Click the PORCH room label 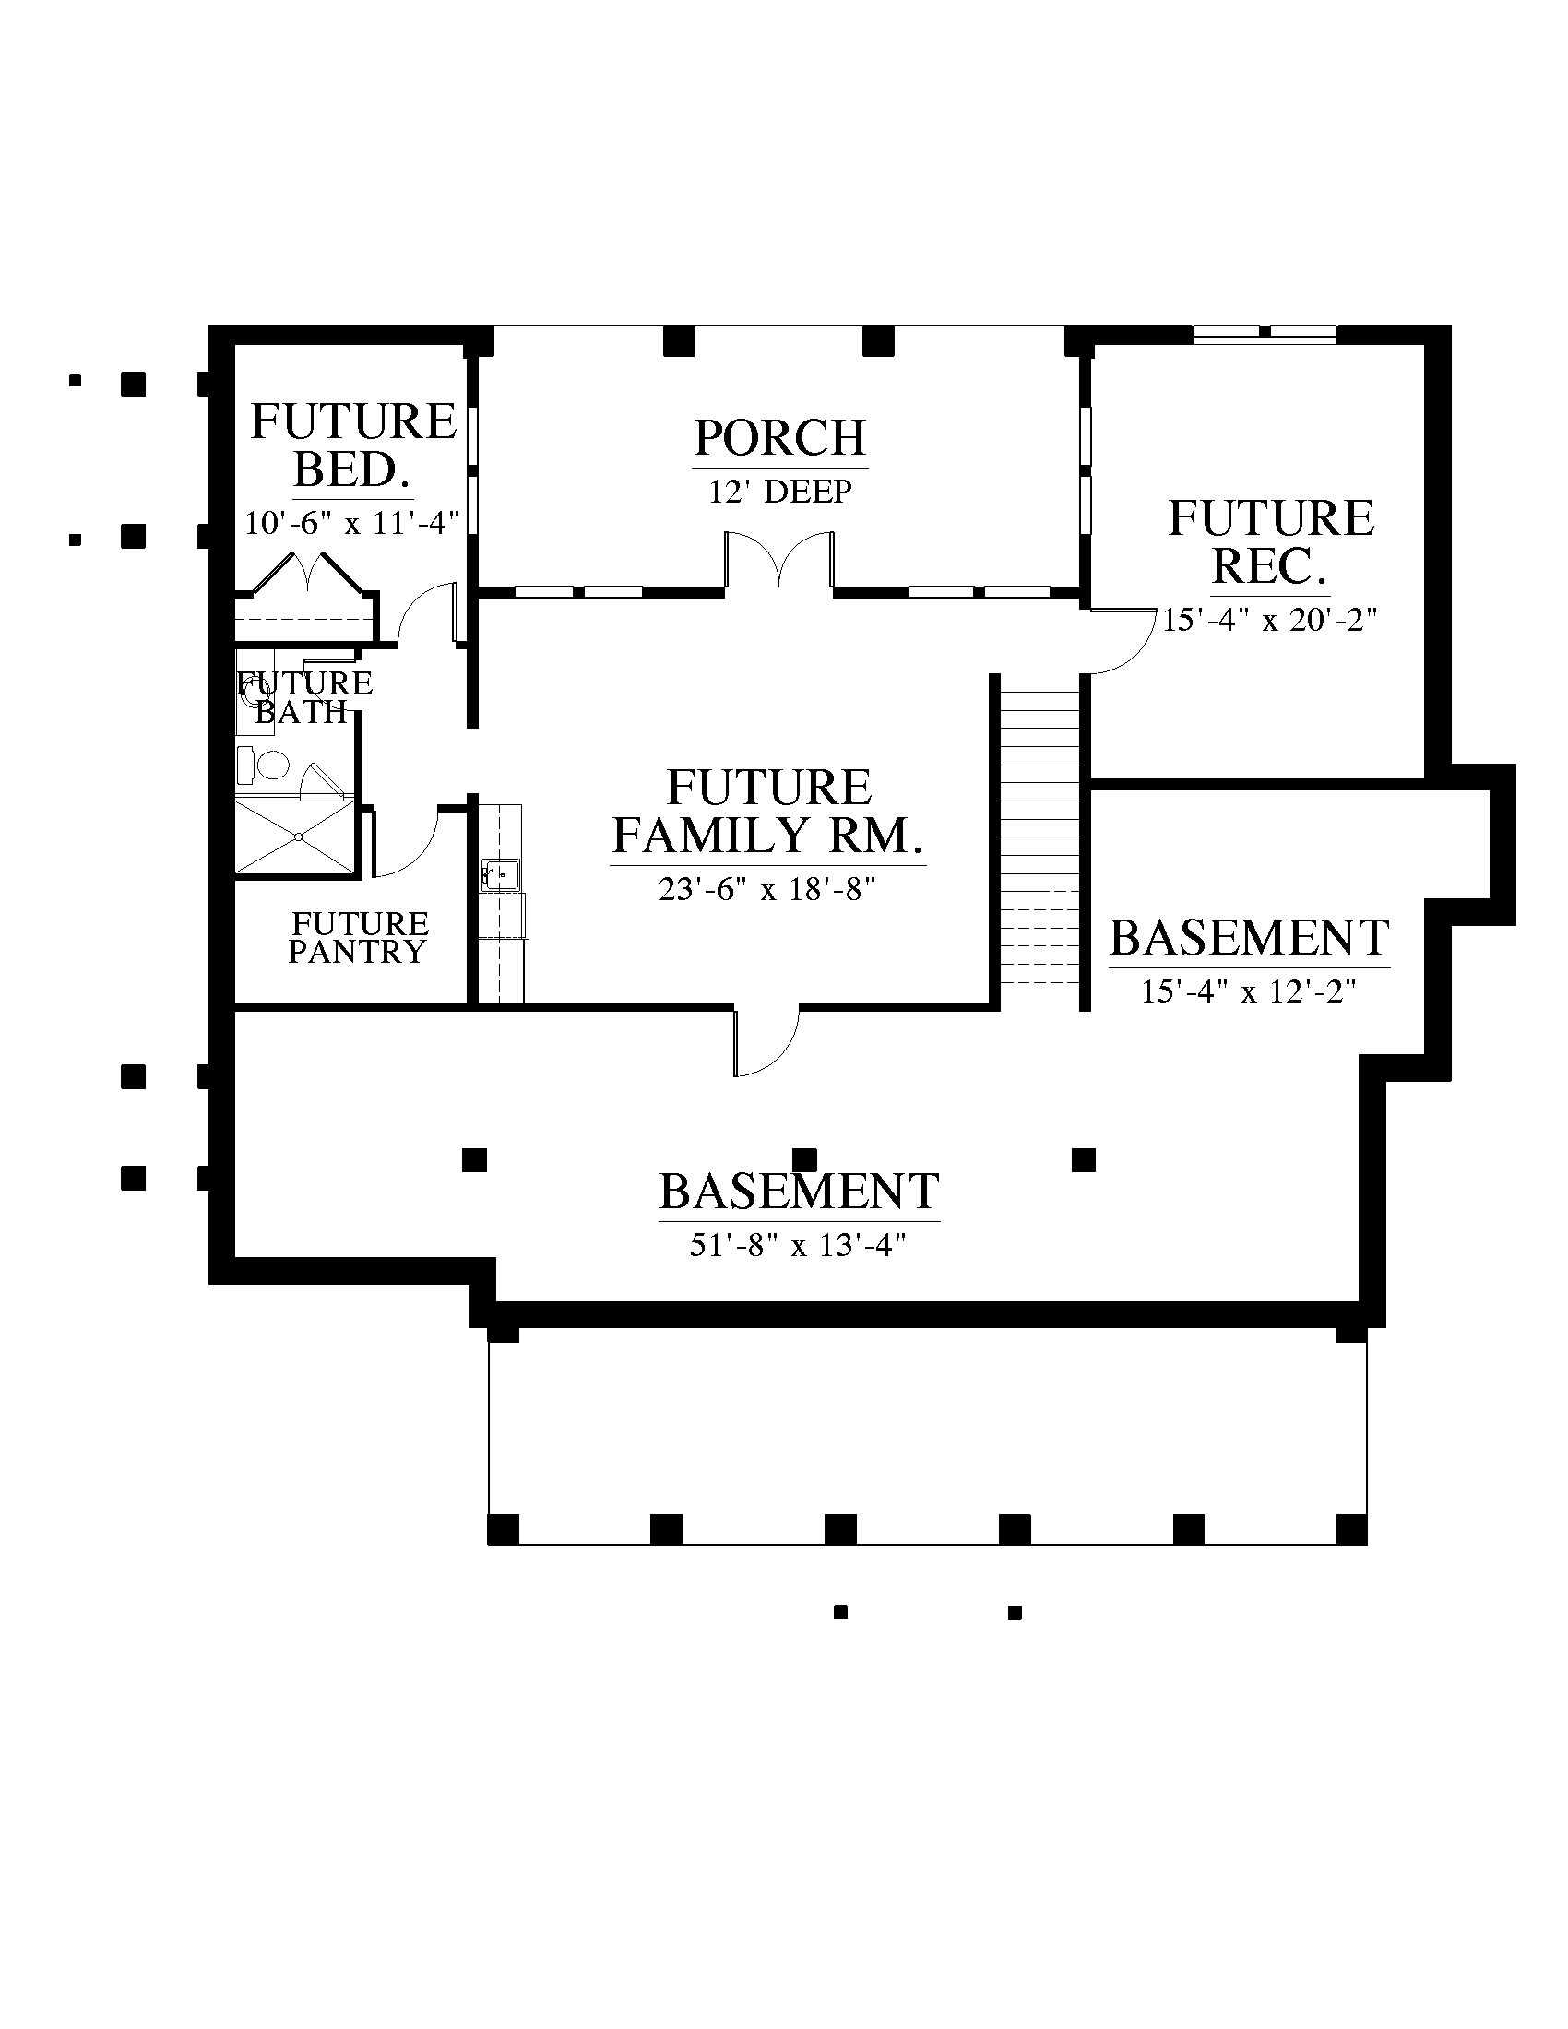coord(780,438)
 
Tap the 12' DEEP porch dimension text coord(780,492)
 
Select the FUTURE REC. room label coord(1271,542)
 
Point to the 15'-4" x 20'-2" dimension coord(1270,620)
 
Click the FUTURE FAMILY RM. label coord(768,812)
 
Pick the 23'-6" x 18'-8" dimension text coord(768,890)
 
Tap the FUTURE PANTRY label coord(359,938)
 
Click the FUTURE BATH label coord(304,698)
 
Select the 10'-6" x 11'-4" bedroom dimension coord(352,523)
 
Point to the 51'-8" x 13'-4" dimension coord(798,1246)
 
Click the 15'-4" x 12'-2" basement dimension coord(1250,991)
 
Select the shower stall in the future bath coord(295,837)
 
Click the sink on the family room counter coord(501,875)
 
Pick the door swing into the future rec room coord(1121,641)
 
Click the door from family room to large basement coord(766,1042)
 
